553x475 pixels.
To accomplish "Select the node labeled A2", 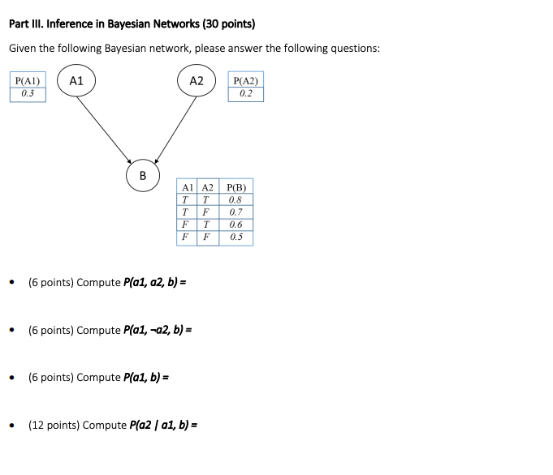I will click(x=197, y=81).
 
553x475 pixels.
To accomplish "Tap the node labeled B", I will click(x=143, y=174).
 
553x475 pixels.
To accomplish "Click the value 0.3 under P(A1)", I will click(x=28, y=94).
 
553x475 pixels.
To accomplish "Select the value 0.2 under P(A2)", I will click(x=246, y=94).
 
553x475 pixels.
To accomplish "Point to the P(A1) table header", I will click(x=28, y=81).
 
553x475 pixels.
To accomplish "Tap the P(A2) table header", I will click(x=245, y=81).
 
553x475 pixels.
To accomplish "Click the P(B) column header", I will click(x=235, y=188).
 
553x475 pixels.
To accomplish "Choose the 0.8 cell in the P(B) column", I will click(x=235, y=200).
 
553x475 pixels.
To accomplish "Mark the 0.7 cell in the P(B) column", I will click(x=235, y=212).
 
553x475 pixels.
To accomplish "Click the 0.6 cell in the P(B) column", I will click(x=235, y=225).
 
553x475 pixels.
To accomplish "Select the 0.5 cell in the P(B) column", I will click(x=235, y=237).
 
